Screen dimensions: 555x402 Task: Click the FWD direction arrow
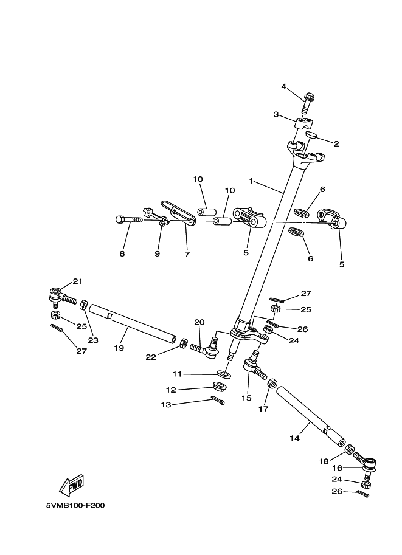click(x=71, y=485)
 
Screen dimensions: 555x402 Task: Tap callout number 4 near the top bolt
click(x=283, y=86)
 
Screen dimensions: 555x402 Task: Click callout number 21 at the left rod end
click(x=77, y=281)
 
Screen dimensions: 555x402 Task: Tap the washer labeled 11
click(x=223, y=374)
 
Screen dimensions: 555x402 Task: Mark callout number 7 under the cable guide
click(x=186, y=253)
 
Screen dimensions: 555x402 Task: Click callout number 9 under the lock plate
click(x=157, y=253)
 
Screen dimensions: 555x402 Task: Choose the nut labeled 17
click(x=272, y=384)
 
